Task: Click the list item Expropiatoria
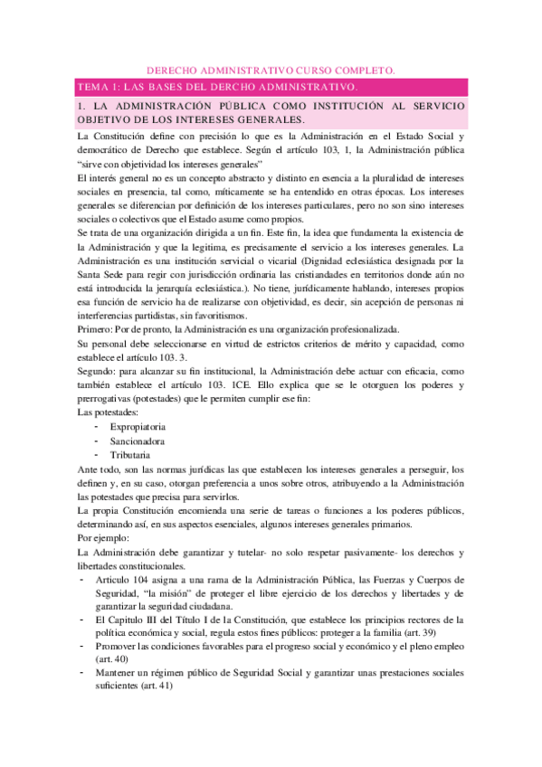point(139,424)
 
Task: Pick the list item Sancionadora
point(138,440)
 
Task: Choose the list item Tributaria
point(131,455)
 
